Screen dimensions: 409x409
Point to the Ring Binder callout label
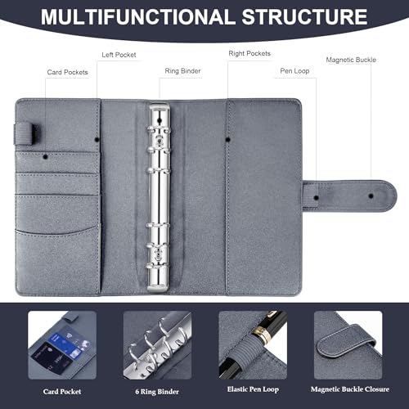[x=184, y=71]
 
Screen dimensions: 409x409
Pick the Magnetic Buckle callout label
[x=351, y=60]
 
